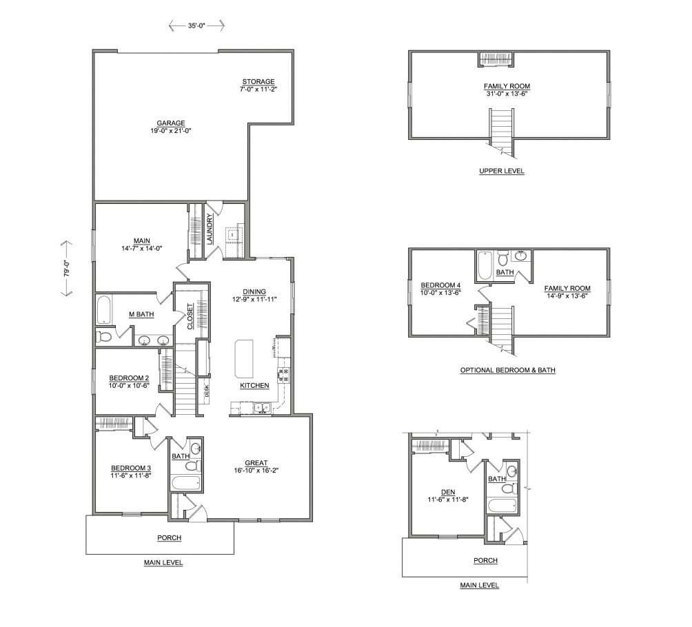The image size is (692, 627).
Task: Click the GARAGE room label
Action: coord(171,123)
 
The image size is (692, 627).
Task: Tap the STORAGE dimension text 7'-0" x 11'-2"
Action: coord(258,89)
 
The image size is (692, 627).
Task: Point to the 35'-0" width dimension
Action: coord(197,26)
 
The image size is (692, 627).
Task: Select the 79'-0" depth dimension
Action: coord(67,268)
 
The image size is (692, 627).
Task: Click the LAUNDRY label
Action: coord(210,229)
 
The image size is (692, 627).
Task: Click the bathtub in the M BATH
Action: coord(103,310)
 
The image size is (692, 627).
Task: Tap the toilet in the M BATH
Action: coord(105,337)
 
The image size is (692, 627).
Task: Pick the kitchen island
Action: coord(245,358)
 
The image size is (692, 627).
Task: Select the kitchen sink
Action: coord(262,409)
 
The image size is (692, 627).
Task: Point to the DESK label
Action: coord(207,391)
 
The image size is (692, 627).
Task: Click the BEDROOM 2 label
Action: coord(129,378)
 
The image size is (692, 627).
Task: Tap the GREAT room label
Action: coord(256,463)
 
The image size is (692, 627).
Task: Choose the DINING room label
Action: coord(254,291)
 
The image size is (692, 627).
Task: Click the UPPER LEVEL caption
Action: coord(502,171)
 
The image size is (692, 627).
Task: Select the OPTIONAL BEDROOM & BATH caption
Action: coord(508,370)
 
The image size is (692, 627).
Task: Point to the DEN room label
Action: coord(448,492)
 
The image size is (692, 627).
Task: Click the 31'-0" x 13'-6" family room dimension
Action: coord(507,94)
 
